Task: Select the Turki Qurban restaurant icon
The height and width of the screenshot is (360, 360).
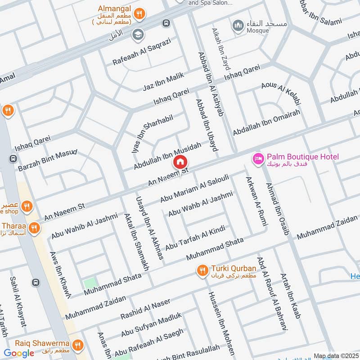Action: (202, 270)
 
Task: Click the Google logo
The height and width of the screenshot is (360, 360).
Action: (18, 353)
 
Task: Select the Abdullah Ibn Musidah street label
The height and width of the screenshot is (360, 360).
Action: (167, 156)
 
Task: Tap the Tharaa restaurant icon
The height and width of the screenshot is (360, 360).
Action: (33, 229)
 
